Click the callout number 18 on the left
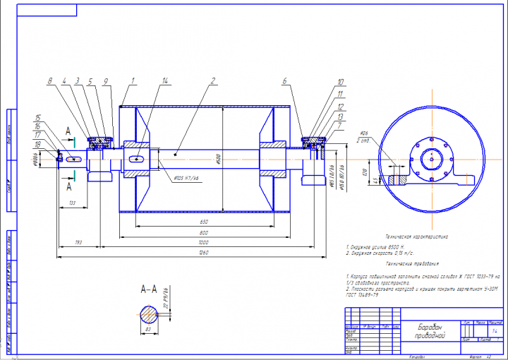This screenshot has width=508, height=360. pyautogui.click(x=38, y=145)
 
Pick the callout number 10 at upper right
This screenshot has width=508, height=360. pyautogui.click(x=340, y=83)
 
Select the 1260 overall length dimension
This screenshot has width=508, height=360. pyautogui.click(x=202, y=251)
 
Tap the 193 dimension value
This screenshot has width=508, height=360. pyautogui.click(x=78, y=242)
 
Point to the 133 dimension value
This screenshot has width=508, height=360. pyautogui.click(x=72, y=203)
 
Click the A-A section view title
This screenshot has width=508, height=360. pyautogui.click(x=148, y=289)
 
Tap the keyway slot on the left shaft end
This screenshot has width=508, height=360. pyautogui.click(x=74, y=160)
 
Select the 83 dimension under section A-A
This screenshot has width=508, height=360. pyautogui.click(x=148, y=329)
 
